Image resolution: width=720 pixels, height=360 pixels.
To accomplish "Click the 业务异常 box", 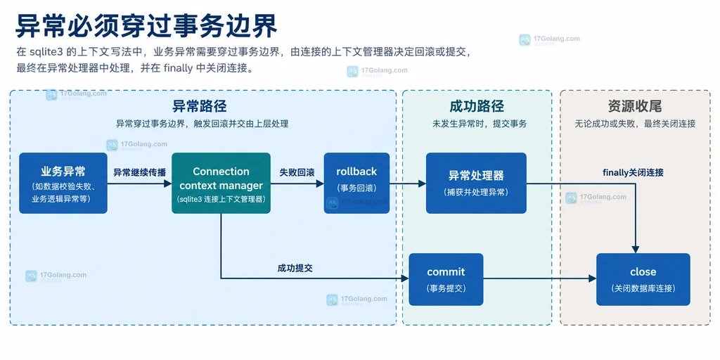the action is pyautogui.click(x=63, y=184).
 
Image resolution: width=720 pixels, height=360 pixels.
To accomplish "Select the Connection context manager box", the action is pyautogui.click(x=221, y=184).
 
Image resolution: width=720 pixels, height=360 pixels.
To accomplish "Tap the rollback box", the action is pyautogui.click(x=356, y=184).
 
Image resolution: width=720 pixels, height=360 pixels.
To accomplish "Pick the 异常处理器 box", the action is pyautogui.click(x=476, y=184).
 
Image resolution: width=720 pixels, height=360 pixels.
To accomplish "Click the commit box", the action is pyautogui.click(x=446, y=279).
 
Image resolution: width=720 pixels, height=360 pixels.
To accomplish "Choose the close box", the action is pyautogui.click(x=643, y=279).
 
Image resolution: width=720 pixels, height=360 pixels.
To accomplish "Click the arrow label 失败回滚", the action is pyautogui.click(x=297, y=173).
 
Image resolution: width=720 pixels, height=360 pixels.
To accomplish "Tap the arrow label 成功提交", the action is pyautogui.click(x=295, y=268).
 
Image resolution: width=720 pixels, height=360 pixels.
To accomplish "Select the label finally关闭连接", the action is pyautogui.click(x=633, y=173).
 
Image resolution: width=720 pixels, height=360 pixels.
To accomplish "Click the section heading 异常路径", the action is pyautogui.click(x=199, y=107).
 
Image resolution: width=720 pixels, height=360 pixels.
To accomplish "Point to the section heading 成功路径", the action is pyautogui.click(x=477, y=107).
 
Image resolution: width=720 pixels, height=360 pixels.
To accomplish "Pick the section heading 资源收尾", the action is pyautogui.click(x=635, y=107).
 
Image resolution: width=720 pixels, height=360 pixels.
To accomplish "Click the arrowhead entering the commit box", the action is pyautogui.click(x=405, y=278).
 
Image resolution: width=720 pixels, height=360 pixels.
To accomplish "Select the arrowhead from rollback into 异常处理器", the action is pyautogui.click(x=423, y=184).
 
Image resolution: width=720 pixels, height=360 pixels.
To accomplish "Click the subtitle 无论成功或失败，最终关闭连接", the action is pyautogui.click(x=635, y=124).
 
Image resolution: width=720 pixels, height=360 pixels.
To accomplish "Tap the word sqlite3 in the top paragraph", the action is pyautogui.click(x=46, y=51).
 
